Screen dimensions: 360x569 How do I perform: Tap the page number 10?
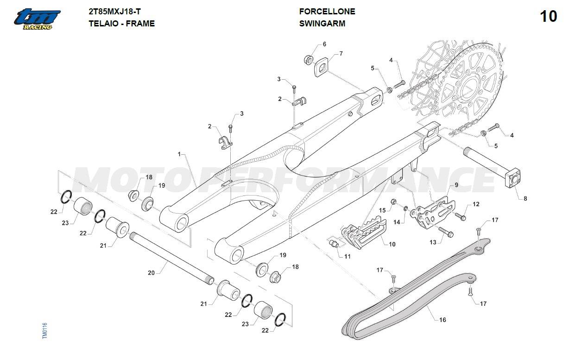tap(548, 17)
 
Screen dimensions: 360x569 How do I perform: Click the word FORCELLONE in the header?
tap(327, 12)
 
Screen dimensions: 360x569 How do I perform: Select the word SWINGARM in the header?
tap(322, 24)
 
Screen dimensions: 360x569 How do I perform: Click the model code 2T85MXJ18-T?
tap(115, 12)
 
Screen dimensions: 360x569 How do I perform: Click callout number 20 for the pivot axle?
tap(151, 273)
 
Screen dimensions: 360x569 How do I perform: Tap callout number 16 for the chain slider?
tap(443, 320)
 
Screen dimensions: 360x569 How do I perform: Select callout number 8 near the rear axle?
tap(525, 198)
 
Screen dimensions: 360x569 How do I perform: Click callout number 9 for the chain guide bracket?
tap(456, 185)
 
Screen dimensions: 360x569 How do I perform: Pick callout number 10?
tap(392, 244)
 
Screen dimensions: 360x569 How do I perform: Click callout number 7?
tap(341, 54)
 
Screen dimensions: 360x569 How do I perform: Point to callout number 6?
tap(324, 44)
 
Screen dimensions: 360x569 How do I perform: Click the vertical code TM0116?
tap(45, 331)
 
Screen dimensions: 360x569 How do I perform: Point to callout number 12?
tap(476, 204)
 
